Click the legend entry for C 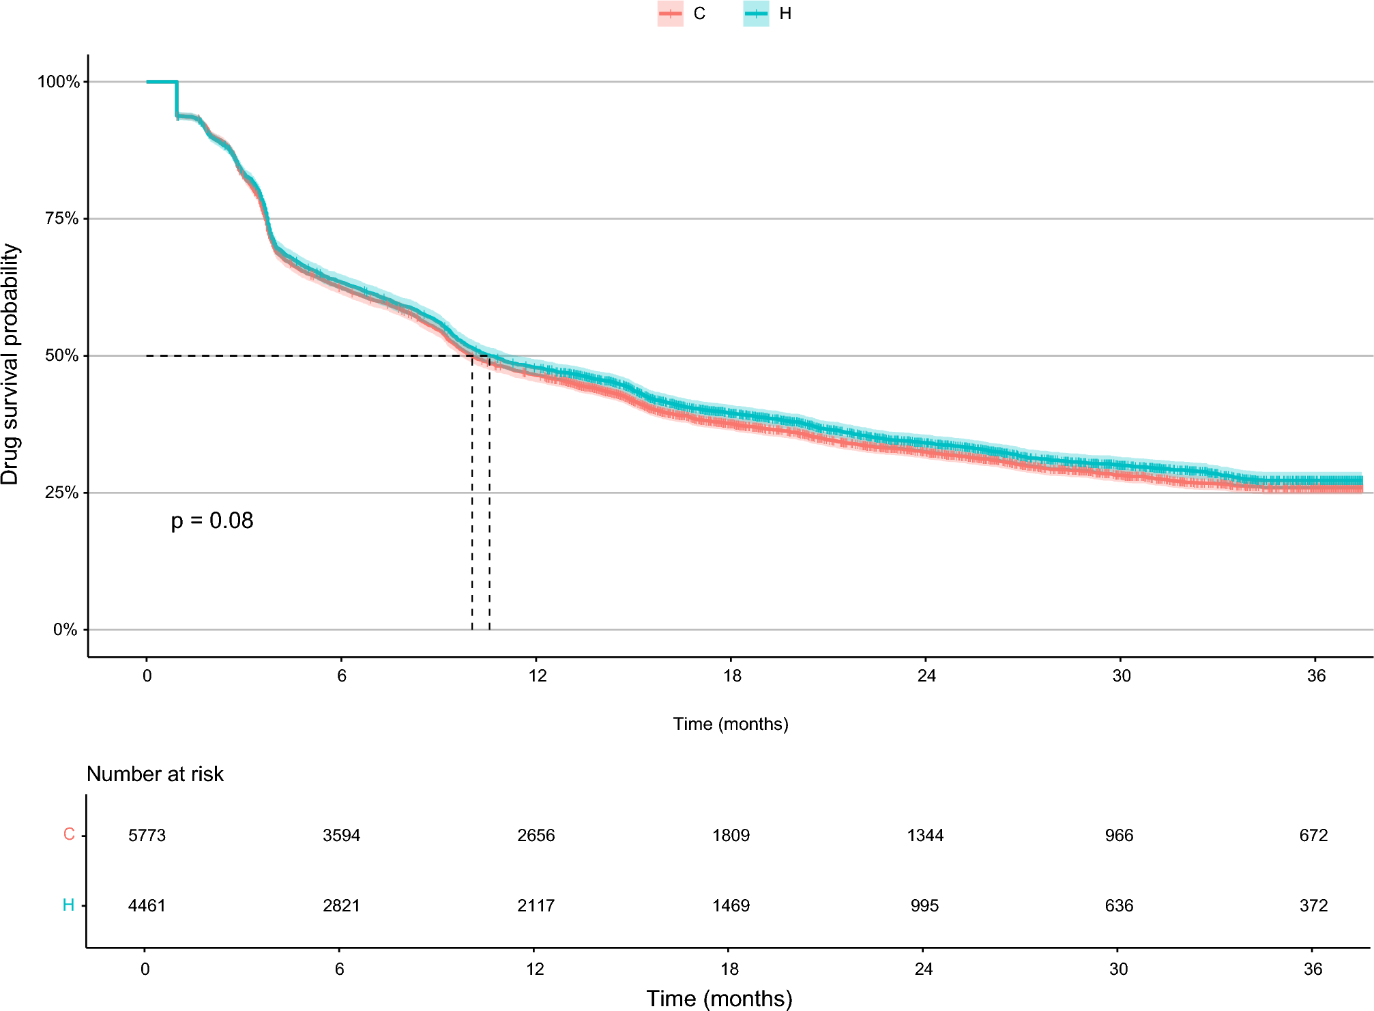click(682, 14)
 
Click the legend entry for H click(768, 14)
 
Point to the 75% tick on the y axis click(61, 218)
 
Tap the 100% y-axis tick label click(58, 82)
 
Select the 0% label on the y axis click(65, 630)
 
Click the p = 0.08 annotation click(212, 521)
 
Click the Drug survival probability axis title click(11, 364)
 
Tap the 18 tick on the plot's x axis click(731, 675)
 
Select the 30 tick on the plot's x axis click(1121, 675)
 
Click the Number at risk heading click(155, 774)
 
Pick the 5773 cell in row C click(147, 836)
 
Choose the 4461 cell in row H click(147, 906)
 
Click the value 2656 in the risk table click(536, 836)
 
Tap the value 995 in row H click(924, 906)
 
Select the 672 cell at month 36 click(1313, 836)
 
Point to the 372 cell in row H click(1313, 906)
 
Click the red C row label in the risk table click(69, 834)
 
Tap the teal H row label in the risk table click(68, 905)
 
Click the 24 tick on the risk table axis click(923, 969)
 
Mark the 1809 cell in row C click(731, 836)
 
